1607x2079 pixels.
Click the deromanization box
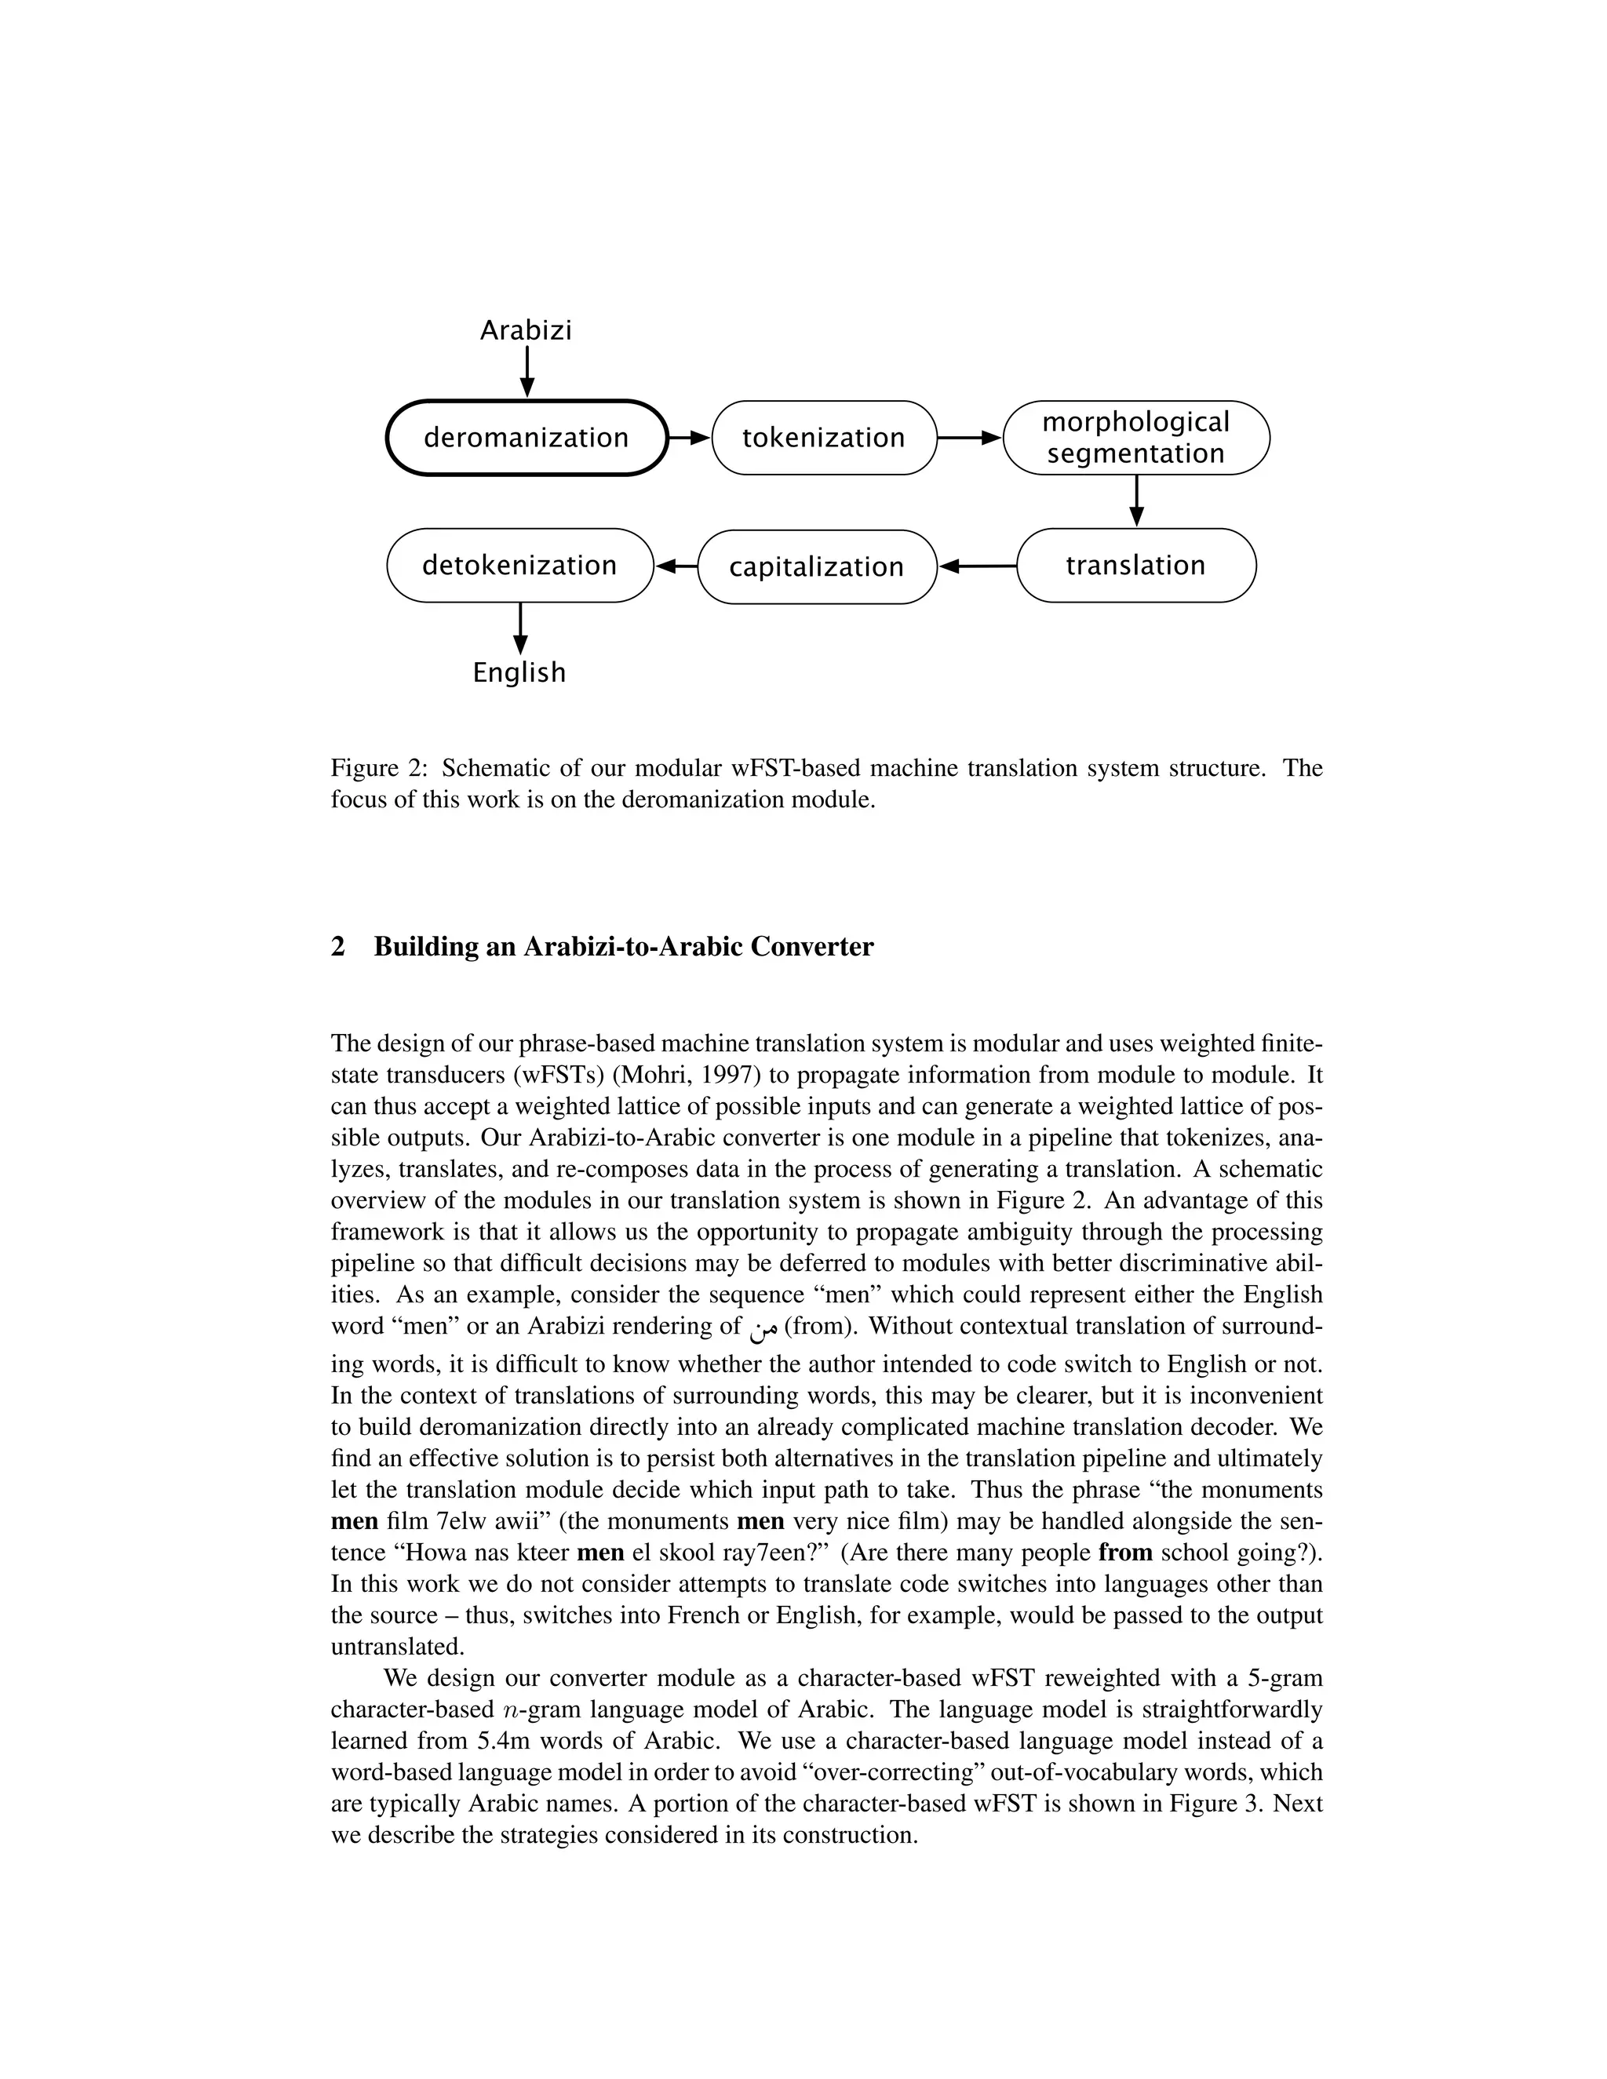coord(527,438)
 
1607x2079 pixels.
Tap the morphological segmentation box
coord(1135,438)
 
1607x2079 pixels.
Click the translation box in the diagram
coord(1135,566)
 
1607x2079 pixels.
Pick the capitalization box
coord(817,567)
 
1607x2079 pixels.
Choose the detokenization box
coord(519,566)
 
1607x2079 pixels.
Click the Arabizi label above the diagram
coord(526,330)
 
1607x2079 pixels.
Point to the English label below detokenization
coord(519,672)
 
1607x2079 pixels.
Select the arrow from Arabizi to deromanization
coord(527,372)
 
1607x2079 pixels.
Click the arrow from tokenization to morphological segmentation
coord(969,438)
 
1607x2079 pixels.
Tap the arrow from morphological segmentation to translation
coord(1135,501)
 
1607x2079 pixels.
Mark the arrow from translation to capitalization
coord(978,566)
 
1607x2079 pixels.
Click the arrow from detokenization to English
coord(519,628)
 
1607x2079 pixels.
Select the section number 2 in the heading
coord(338,947)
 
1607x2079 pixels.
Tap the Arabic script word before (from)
coord(763,1329)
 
